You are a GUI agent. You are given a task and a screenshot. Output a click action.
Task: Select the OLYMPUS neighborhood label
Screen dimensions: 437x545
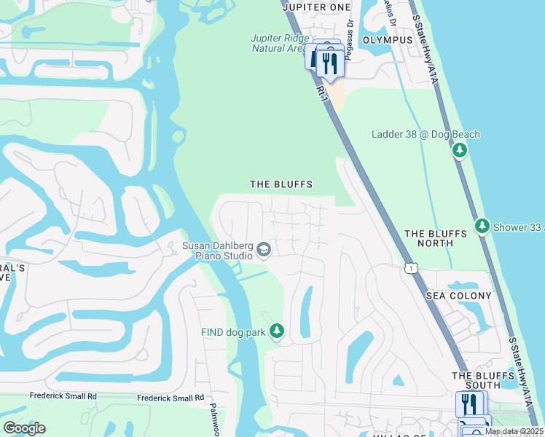point(383,40)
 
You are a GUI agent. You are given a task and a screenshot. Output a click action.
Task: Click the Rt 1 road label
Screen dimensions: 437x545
point(321,92)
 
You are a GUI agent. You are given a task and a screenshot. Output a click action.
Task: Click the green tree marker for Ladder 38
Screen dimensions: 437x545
point(460,151)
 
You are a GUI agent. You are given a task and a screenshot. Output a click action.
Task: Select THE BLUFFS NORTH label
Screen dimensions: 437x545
point(436,238)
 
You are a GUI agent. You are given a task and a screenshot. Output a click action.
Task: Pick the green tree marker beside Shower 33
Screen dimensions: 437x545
point(482,227)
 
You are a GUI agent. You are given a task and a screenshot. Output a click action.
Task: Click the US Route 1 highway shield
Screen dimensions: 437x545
point(412,268)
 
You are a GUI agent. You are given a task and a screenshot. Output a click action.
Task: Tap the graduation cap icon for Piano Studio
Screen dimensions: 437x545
point(264,251)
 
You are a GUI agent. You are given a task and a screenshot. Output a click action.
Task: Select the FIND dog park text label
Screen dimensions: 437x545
point(233,332)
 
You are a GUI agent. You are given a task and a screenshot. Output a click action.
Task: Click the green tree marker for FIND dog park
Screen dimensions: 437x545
point(276,332)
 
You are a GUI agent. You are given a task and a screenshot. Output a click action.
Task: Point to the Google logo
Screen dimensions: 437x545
point(24,428)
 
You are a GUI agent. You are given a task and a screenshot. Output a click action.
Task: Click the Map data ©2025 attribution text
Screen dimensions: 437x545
point(514,431)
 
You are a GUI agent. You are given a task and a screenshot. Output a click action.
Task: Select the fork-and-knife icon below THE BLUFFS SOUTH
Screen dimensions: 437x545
point(471,404)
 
